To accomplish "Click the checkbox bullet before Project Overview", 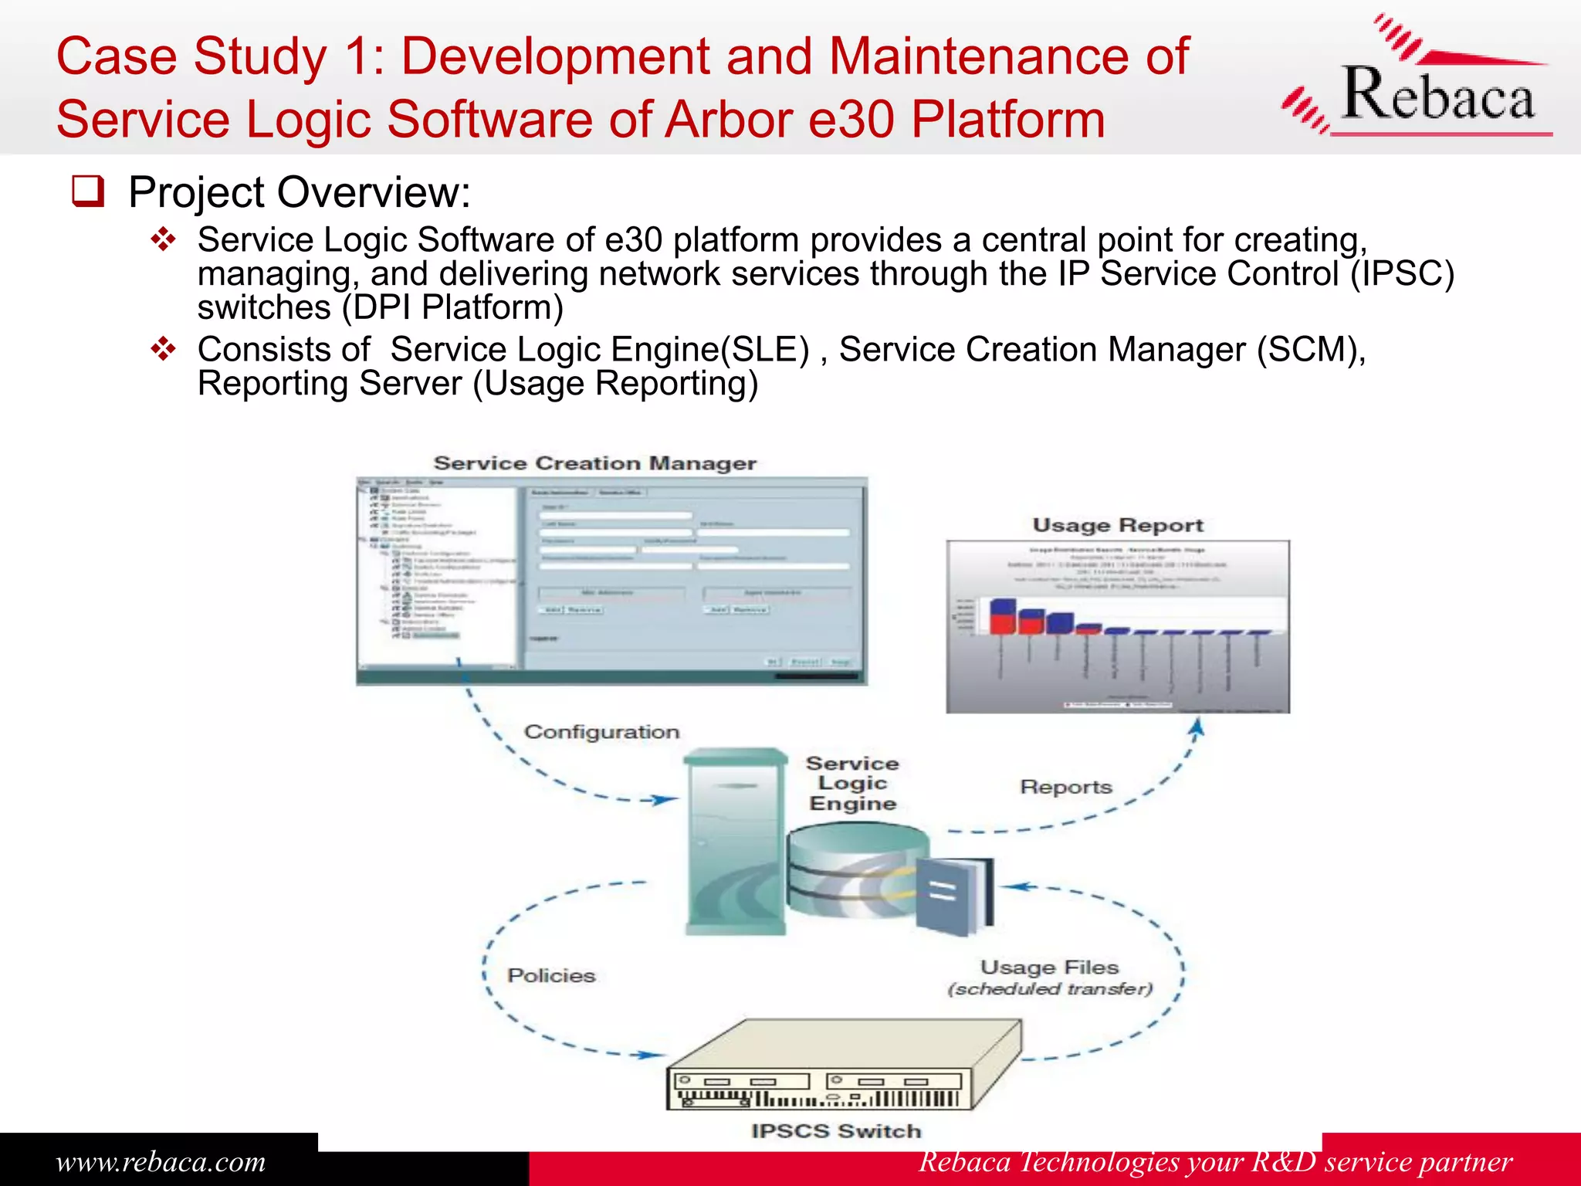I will click(x=88, y=191).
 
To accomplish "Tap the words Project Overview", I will click(x=299, y=192).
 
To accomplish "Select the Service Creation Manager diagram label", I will click(x=594, y=463).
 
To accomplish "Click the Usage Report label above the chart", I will click(x=1118, y=525).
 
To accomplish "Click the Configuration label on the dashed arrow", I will click(x=601, y=731).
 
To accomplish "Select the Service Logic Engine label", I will click(x=852, y=783).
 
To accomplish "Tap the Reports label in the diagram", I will click(x=1065, y=787).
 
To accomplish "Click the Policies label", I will click(x=551, y=975).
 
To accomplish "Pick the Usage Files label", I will click(x=1049, y=967).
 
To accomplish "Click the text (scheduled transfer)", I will click(x=1050, y=989).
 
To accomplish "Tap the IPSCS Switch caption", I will click(x=836, y=1130).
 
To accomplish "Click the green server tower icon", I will click(x=736, y=842).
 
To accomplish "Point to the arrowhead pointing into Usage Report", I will click(x=1197, y=727).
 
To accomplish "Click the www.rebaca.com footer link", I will click(x=161, y=1161).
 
